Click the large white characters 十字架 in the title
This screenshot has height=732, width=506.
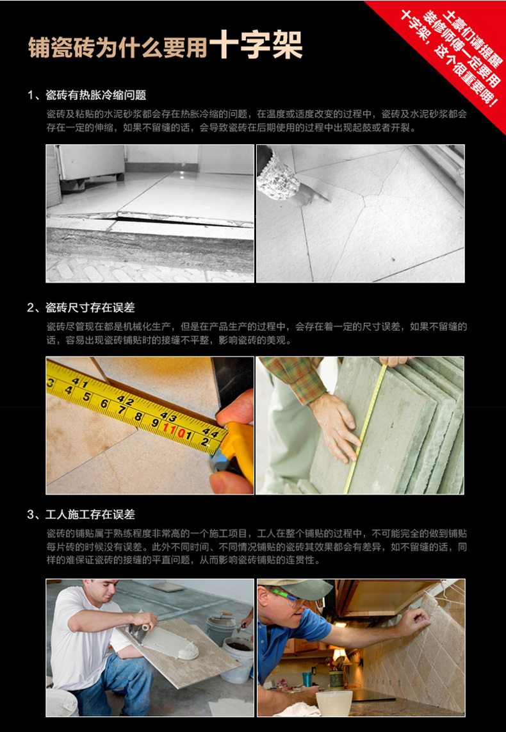point(256,45)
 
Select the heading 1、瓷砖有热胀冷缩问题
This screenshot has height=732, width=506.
point(86,96)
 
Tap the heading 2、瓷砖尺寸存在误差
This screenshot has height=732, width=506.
point(81,308)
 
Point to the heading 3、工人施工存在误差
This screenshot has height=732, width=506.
point(81,515)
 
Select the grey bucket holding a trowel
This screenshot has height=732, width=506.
point(222,628)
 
